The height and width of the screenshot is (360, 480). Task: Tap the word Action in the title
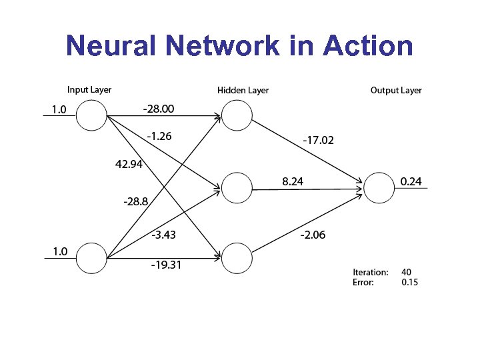tap(367, 47)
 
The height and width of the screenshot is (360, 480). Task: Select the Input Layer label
tap(89, 90)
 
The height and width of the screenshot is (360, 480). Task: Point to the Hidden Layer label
tap(243, 90)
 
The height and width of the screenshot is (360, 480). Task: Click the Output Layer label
tap(396, 90)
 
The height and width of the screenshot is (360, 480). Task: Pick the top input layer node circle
tap(91, 115)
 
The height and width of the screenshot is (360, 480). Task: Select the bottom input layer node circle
tap(91, 257)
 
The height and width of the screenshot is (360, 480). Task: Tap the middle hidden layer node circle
tap(237, 188)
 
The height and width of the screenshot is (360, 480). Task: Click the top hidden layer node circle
tap(237, 115)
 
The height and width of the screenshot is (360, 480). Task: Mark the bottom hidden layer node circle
tap(237, 257)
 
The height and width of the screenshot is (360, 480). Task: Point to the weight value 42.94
tap(129, 165)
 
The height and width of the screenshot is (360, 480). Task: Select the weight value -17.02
tap(319, 141)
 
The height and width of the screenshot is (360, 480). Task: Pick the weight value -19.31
tap(166, 265)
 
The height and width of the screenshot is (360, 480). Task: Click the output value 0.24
tap(411, 181)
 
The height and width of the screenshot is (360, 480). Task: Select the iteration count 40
tap(407, 272)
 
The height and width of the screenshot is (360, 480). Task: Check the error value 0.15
tap(410, 282)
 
